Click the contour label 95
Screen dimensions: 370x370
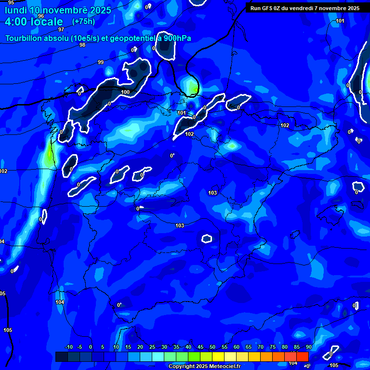pos(11,3)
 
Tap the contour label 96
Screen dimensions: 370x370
pos(41,16)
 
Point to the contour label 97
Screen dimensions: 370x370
pos(61,29)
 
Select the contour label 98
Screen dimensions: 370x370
pos(82,45)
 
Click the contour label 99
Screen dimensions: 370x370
pos(100,62)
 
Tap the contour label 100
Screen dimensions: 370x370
pos(125,92)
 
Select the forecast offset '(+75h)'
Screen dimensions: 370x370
pos(83,22)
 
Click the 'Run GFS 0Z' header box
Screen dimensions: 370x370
pos(305,8)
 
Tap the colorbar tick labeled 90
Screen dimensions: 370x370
pos(308,347)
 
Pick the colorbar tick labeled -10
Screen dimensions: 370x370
pos(68,347)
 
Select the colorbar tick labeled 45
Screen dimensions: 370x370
pos(200,347)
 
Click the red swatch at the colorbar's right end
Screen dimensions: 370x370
pos(302,357)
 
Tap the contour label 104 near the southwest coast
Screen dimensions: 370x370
pos(60,302)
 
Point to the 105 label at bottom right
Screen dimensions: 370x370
pos(334,365)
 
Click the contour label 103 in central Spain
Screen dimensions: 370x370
pos(180,225)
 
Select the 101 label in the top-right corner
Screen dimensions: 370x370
pos(340,21)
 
